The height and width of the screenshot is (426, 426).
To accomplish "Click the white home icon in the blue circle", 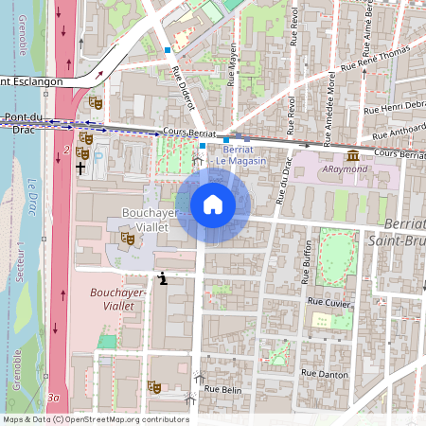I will (x=213, y=204).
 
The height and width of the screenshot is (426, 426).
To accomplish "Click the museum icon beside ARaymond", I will (x=352, y=154).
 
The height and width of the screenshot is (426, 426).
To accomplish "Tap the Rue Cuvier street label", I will (x=329, y=301).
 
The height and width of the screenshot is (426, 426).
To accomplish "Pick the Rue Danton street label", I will (x=325, y=375).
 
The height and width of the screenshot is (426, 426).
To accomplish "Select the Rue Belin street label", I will (x=224, y=389).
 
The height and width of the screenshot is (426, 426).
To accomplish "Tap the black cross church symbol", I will (x=80, y=168).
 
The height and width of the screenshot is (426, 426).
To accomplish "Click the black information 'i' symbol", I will (x=164, y=278).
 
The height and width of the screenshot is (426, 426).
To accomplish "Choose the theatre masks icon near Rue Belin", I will (x=153, y=386).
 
